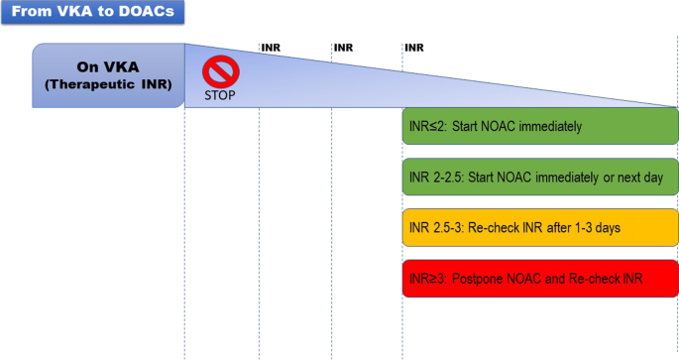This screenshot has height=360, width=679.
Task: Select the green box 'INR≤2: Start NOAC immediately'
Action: [x=539, y=127]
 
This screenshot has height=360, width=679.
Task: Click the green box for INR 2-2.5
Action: [x=539, y=178]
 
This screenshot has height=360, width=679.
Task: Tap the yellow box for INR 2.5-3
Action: [x=539, y=228]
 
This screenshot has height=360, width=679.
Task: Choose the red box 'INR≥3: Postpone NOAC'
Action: [x=539, y=279]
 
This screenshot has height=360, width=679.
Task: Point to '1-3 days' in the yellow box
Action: [x=597, y=228]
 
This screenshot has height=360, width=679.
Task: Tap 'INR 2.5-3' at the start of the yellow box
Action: [x=435, y=228]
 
